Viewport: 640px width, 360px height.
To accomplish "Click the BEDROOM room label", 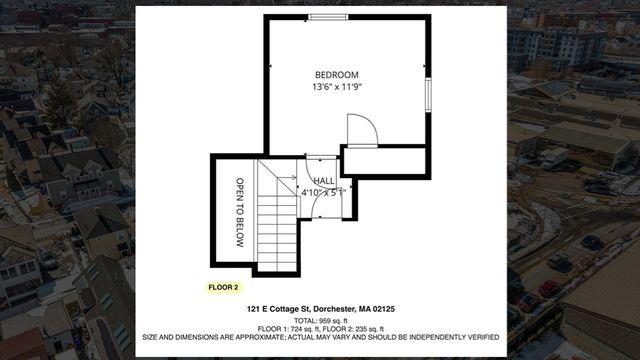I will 336,75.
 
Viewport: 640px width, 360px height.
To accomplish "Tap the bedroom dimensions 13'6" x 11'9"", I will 336,87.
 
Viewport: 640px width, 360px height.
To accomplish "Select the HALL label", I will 324,181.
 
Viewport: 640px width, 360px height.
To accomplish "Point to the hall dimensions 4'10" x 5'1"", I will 325,191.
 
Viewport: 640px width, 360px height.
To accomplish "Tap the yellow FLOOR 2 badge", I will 223,287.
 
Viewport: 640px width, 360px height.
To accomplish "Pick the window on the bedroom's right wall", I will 429,93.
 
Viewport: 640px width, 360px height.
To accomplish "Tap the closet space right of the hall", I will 384,162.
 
